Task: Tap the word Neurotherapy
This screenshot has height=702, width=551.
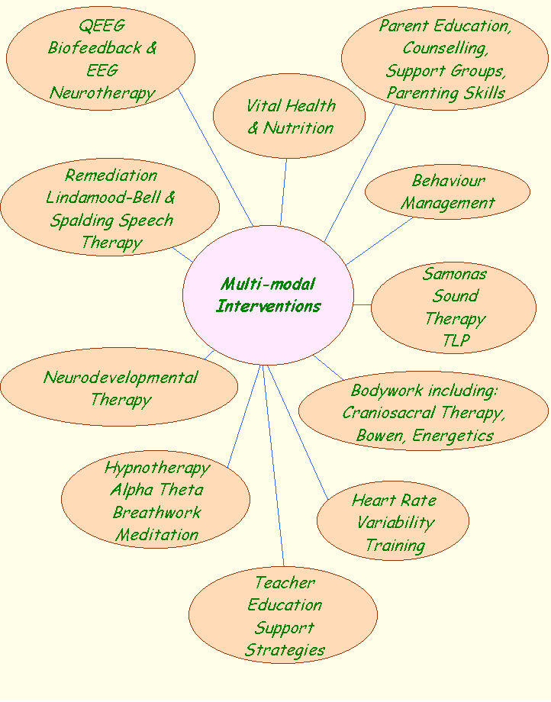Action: pyautogui.click(x=102, y=93)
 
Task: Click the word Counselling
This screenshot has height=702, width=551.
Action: pyautogui.click(x=445, y=48)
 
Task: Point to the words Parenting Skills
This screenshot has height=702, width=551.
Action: pyautogui.click(x=446, y=93)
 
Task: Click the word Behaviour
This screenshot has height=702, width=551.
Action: pyautogui.click(x=448, y=181)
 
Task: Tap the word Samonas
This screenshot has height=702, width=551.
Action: pyautogui.click(x=455, y=273)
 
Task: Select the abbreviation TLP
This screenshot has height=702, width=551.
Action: pyautogui.click(x=455, y=341)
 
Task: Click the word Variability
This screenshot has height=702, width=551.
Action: pyautogui.click(x=395, y=523)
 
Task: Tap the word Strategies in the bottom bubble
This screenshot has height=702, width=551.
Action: pyautogui.click(x=285, y=651)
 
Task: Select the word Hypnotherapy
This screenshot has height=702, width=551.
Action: pyautogui.click(x=156, y=467)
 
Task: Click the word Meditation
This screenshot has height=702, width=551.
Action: pyautogui.click(x=156, y=535)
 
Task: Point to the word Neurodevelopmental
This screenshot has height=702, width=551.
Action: pyautogui.click(x=121, y=377)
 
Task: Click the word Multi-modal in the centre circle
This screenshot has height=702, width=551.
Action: pyautogui.click(x=268, y=285)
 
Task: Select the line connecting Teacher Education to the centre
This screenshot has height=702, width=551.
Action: pyautogui.click(x=273, y=465)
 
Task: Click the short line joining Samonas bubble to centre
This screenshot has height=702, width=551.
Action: pyautogui.click(x=362, y=304)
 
